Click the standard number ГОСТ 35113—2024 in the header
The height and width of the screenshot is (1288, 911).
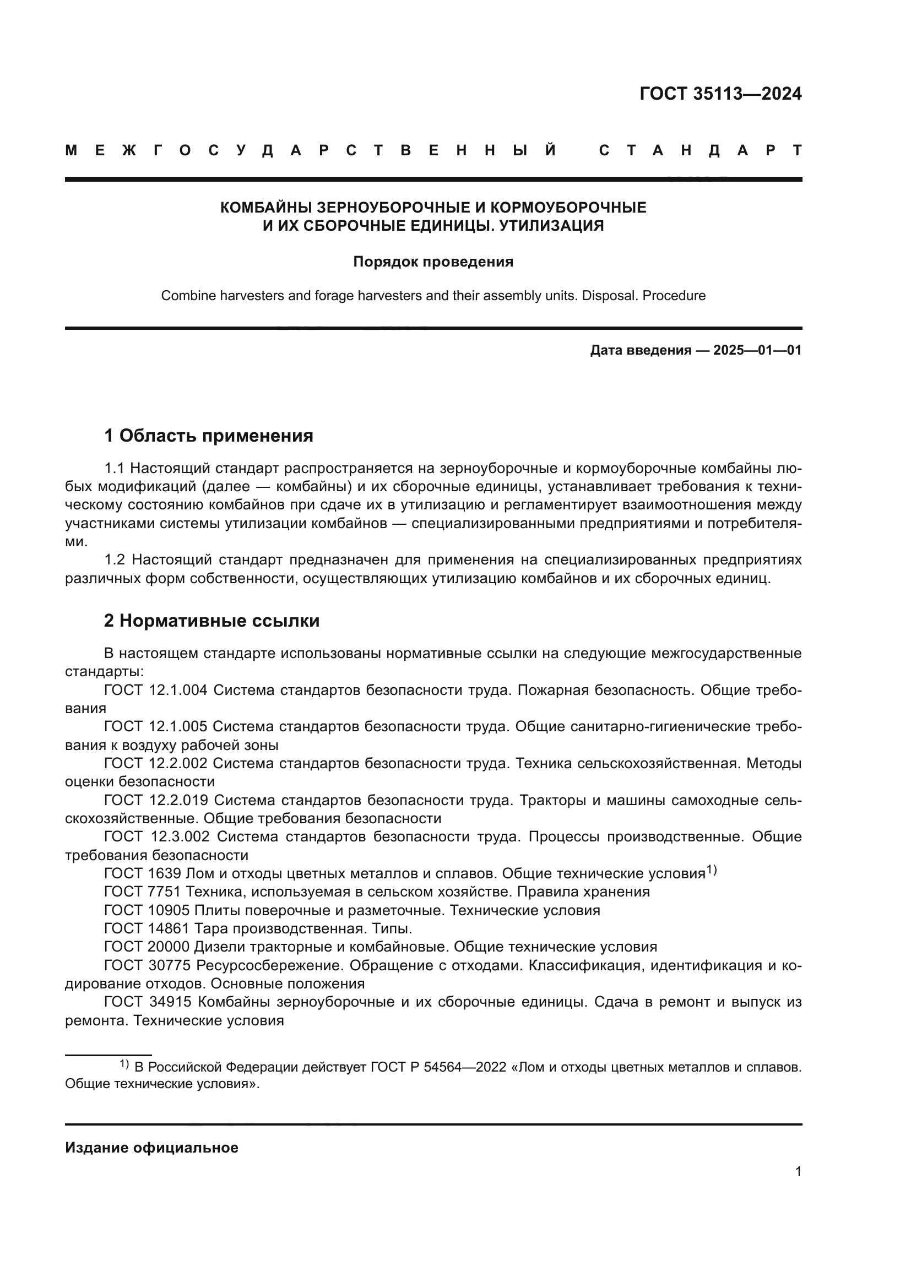[720, 94]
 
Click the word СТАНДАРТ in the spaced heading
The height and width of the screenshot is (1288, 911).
[701, 150]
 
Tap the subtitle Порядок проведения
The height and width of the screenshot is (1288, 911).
[433, 262]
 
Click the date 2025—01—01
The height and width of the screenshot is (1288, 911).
[757, 351]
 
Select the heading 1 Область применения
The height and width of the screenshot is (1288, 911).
[208, 436]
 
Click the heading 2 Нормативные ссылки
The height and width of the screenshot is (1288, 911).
[212, 621]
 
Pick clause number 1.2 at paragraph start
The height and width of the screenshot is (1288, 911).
[116, 560]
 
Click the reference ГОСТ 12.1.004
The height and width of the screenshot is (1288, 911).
[155, 690]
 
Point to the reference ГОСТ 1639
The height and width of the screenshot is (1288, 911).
[143, 873]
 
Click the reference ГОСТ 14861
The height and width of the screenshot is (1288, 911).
[147, 928]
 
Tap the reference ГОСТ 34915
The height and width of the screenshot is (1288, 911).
[148, 1002]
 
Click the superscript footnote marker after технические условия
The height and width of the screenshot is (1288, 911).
[711, 870]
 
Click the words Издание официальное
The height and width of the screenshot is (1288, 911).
[151, 1148]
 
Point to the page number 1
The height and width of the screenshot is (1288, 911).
[798, 1172]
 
